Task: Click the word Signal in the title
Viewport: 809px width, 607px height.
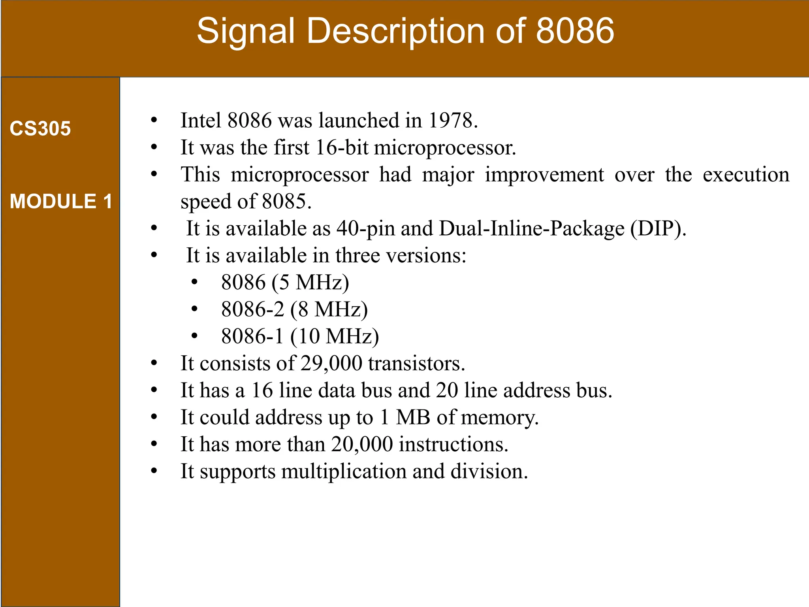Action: (x=246, y=32)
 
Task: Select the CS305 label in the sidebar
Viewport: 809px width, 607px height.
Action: (x=40, y=128)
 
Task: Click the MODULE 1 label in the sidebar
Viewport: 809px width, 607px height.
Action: (x=61, y=201)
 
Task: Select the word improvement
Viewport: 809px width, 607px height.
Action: (x=544, y=175)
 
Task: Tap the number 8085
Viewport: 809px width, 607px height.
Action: (x=286, y=202)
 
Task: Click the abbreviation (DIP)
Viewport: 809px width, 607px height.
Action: (x=658, y=228)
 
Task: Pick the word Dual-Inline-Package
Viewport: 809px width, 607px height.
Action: (x=532, y=228)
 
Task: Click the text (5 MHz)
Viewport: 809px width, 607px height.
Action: (x=310, y=283)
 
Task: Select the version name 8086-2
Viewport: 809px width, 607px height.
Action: (x=252, y=309)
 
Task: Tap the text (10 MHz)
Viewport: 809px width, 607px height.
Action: (x=335, y=336)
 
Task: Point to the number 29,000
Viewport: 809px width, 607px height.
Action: (x=331, y=363)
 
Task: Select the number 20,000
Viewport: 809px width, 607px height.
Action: (x=362, y=444)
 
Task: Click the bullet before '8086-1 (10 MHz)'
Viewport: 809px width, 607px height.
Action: (x=194, y=336)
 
